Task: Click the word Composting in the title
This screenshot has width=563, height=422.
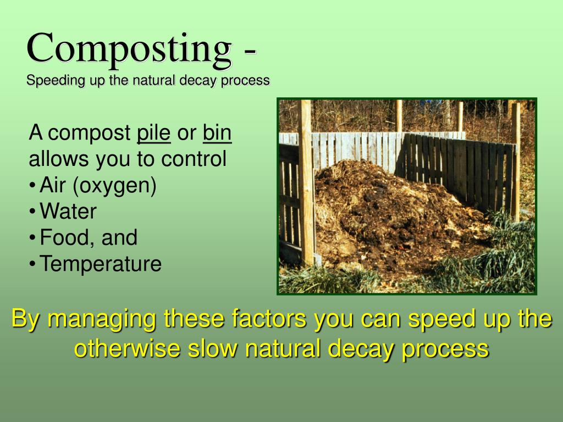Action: pyautogui.click(x=129, y=50)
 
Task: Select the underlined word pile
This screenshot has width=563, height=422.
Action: pyautogui.click(x=154, y=134)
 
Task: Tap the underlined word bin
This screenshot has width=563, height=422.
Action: pyautogui.click(x=217, y=133)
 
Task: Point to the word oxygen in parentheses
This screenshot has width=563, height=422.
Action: pyautogui.click(x=114, y=186)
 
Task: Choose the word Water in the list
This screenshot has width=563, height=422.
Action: pyautogui.click(x=68, y=211)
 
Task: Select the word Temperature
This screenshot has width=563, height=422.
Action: pyautogui.click(x=101, y=264)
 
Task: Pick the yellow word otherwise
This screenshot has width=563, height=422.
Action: pyautogui.click(x=127, y=348)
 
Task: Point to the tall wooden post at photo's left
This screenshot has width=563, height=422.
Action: pyautogui.click(x=307, y=183)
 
